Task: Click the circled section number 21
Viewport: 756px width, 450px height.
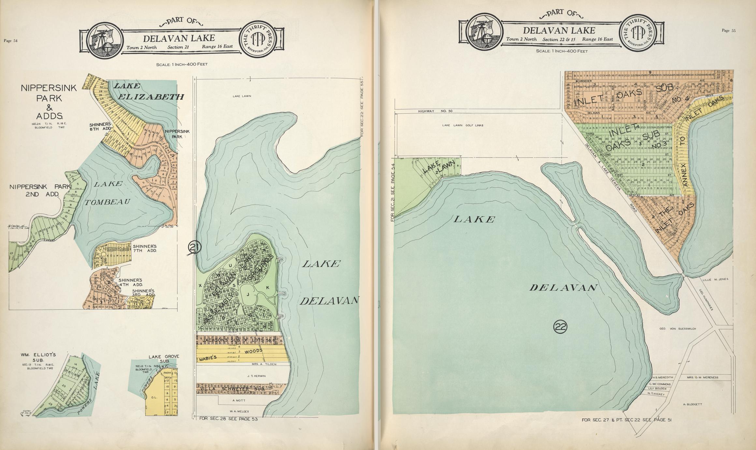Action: click(x=194, y=248)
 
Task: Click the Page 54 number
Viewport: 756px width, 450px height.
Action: click(x=10, y=41)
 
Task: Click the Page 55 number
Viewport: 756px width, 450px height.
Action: click(x=729, y=31)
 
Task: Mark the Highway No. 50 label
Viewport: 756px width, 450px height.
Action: click(x=435, y=111)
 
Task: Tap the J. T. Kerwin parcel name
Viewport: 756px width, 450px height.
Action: click(x=256, y=376)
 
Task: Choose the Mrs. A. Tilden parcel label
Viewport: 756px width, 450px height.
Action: click(x=264, y=364)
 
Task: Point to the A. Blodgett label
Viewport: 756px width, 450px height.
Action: click(x=692, y=404)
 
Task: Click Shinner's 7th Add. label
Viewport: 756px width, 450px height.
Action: click(x=145, y=248)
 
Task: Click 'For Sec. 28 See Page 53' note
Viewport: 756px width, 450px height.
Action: click(x=228, y=419)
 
